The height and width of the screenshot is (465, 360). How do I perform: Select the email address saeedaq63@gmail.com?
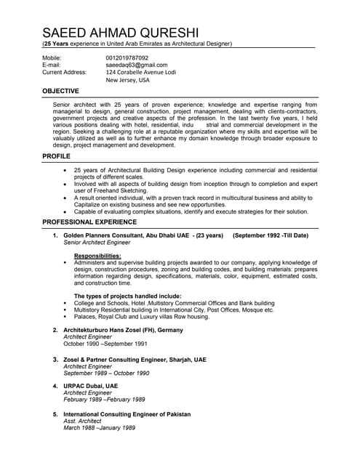136,65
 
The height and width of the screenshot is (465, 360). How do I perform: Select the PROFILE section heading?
56,157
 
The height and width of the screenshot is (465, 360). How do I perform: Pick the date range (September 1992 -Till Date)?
270,236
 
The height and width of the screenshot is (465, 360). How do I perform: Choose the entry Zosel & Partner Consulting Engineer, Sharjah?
135,359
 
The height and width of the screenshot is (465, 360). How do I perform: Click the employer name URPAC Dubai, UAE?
90,386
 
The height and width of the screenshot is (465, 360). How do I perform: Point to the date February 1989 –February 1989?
104,400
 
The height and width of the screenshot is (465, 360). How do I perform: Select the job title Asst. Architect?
82,421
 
